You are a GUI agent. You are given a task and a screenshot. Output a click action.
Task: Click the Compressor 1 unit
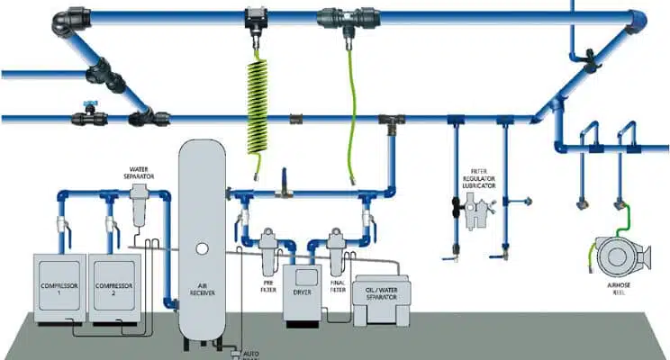click(59, 286)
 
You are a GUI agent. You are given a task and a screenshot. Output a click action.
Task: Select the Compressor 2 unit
click(115, 286)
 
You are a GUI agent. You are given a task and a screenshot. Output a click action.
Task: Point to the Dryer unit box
click(302, 292)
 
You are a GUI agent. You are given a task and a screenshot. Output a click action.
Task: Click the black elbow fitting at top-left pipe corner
click(67, 20)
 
